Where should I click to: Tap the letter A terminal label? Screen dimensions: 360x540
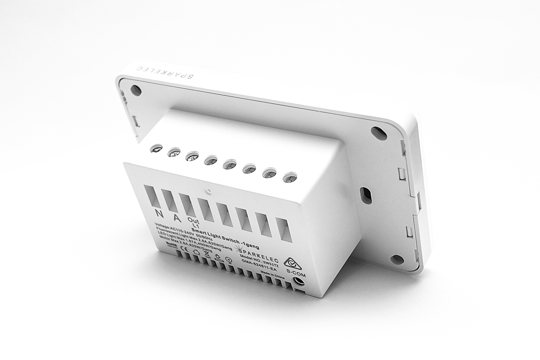176,217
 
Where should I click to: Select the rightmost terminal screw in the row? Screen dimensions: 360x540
288,177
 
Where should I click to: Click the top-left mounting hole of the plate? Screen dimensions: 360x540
136,89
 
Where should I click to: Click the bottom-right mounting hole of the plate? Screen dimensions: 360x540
397,258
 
